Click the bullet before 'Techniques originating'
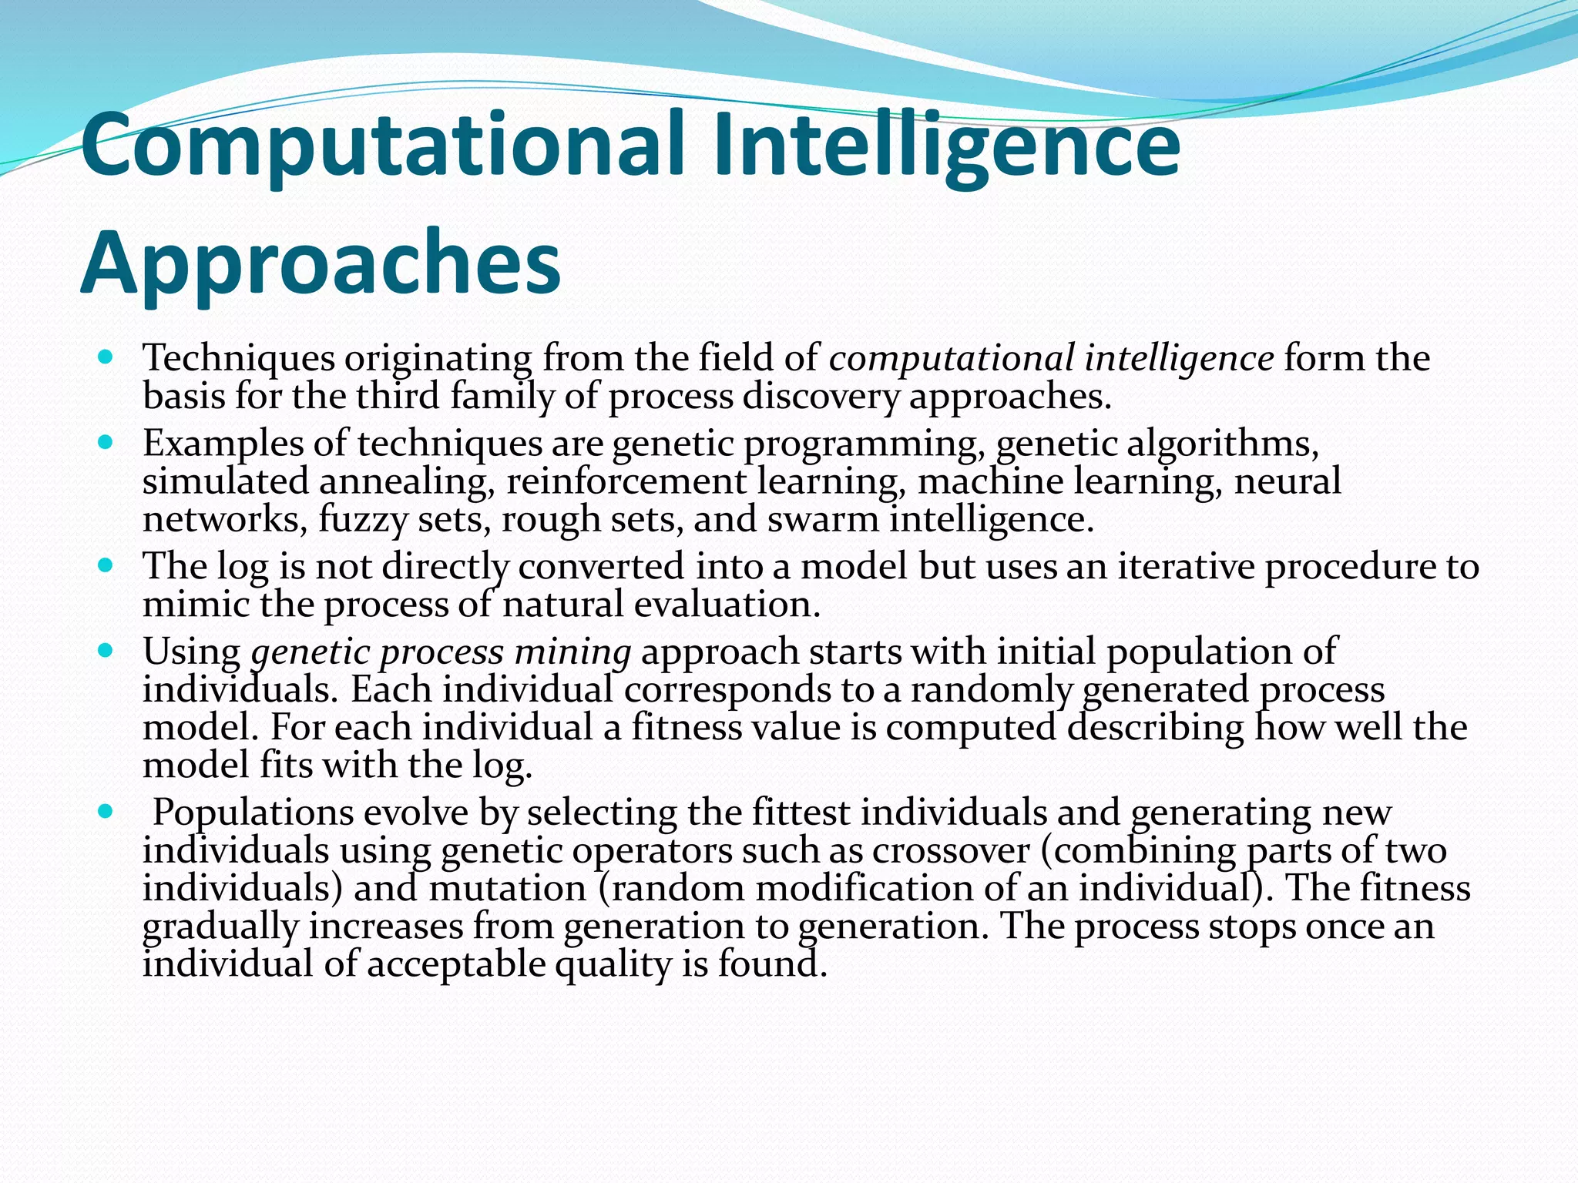[106, 357]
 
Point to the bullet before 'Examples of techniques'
[106, 443]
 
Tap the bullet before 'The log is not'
[106, 566]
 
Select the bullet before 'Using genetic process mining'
[106, 652]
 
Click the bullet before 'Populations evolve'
[106, 812]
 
